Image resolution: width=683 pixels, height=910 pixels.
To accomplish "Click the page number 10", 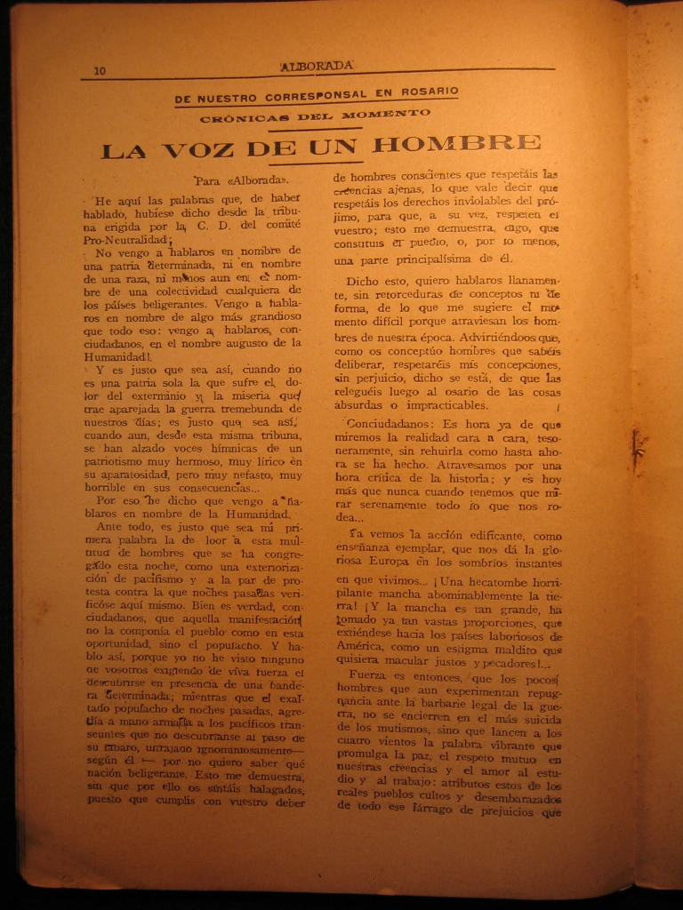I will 100,71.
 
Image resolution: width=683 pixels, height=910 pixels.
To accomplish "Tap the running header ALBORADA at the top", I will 317,66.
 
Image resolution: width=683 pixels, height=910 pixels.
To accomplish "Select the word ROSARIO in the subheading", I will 429,92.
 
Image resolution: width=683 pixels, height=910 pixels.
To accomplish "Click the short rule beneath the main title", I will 322,164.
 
